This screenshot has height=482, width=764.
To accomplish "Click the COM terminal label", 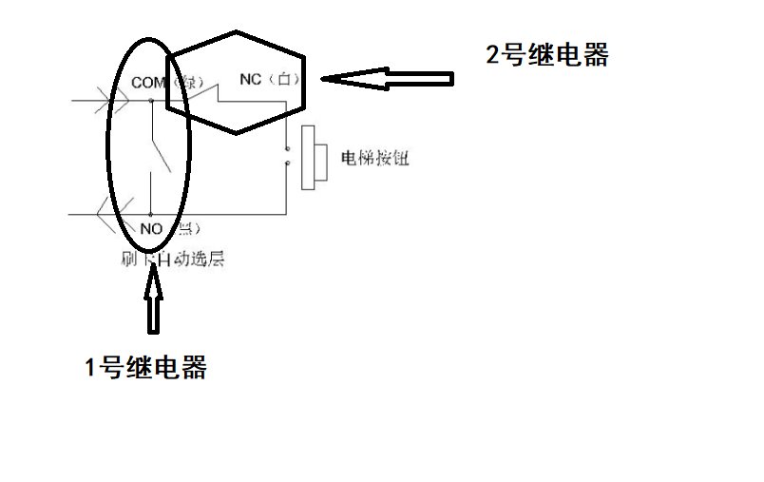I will [x=148, y=83].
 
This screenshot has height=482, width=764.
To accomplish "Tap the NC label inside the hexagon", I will [x=251, y=80].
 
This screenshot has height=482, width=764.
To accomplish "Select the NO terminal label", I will [x=151, y=228].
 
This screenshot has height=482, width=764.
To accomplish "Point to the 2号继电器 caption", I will [x=547, y=55].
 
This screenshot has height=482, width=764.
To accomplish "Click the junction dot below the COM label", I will [x=151, y=99].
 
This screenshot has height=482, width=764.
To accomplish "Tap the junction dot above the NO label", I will [x=151, y=214].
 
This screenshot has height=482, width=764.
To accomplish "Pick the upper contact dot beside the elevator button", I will [x=287, y=149].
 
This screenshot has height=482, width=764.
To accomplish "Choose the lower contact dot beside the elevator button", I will [x=287, y=165].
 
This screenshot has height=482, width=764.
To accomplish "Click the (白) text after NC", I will [x=283, y=80].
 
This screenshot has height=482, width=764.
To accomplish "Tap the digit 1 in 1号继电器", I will [x=92, y=369].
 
